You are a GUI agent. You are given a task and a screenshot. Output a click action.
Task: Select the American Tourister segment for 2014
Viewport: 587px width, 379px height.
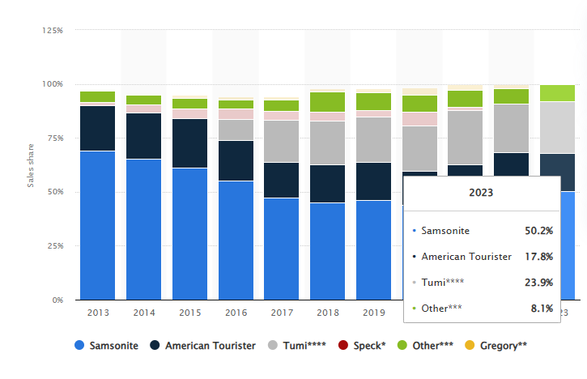pos(143,136)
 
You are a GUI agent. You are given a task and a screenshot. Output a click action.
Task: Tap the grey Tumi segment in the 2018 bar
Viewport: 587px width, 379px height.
pos(328,143)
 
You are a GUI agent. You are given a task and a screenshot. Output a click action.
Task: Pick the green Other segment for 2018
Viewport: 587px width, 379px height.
pos(328,101)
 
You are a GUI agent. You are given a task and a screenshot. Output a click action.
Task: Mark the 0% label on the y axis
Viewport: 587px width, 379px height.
pos(57,300)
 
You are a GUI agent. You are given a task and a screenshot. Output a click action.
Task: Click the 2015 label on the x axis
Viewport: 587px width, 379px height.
pos(189,312)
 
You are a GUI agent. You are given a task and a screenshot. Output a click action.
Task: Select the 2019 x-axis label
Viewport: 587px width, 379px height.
pos(374,312)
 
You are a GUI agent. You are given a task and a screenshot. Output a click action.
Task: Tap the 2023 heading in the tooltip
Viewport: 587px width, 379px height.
pos(482,194)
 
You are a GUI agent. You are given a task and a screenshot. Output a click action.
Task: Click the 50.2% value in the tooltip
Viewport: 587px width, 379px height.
pos(538,231)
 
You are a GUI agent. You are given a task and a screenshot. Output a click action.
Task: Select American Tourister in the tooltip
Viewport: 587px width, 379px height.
pos(466,256)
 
